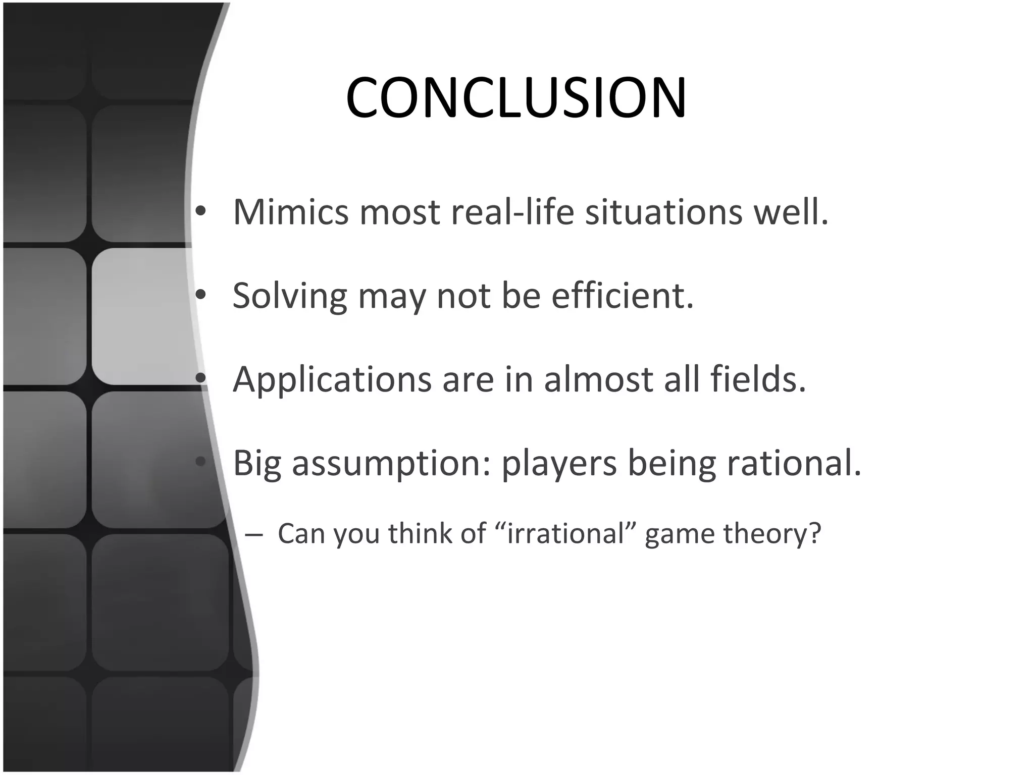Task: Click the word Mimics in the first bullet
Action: click(x=290, y=212)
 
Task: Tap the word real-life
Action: click(x=512, y=212)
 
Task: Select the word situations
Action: click(x=663, y=212)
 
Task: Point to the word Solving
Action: click(x=289, y=296)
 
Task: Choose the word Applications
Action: click(x=332, y=379)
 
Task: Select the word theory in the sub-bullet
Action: click(x=771, y=534)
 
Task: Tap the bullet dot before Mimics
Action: click(x=201, y=212)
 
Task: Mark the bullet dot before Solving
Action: click(x=201, y=296)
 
